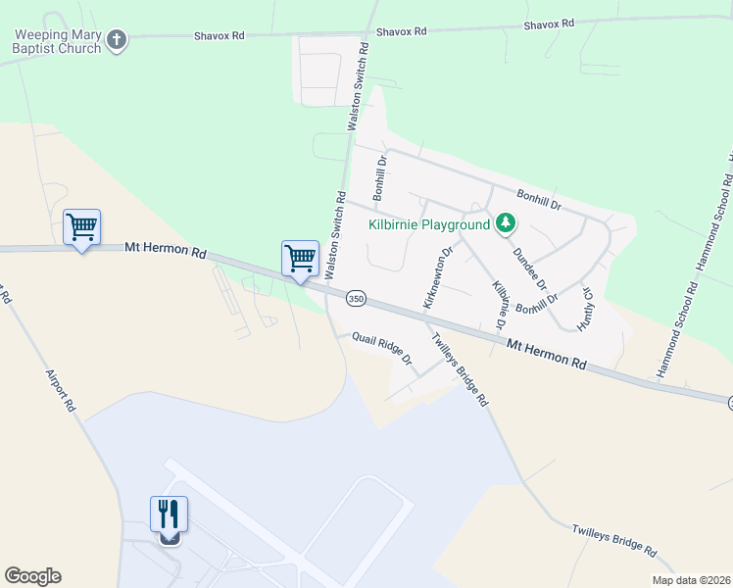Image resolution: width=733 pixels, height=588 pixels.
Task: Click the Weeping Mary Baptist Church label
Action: click(57, 41)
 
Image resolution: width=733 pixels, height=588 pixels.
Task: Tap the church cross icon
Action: click(117, 41)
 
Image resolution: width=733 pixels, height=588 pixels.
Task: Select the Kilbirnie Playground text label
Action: click(428, 224)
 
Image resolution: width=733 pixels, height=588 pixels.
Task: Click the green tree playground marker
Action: click(505, 223)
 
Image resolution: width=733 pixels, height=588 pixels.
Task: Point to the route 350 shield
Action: click(356, 297)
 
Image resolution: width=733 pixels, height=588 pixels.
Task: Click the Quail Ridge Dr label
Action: click(383, 348)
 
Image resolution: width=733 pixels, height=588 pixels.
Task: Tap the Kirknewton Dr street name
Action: click(436, 278)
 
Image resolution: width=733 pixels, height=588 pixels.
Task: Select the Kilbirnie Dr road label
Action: click(500, 305)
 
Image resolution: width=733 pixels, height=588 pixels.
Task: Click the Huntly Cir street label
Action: click(587, 306)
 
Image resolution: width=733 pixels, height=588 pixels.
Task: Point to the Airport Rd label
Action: click(58, 390)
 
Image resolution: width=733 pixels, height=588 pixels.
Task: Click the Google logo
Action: click(32, 576)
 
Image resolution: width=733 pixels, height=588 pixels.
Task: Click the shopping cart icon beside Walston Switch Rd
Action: click(300, 259)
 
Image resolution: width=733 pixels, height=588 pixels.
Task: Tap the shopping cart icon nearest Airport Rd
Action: click(82, 227)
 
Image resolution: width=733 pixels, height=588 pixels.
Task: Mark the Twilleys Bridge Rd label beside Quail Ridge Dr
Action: click(460, 369)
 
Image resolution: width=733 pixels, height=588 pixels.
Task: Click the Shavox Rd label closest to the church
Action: click(218, 34)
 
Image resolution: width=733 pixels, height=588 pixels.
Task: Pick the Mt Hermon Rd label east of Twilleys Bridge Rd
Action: click(546, 353)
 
